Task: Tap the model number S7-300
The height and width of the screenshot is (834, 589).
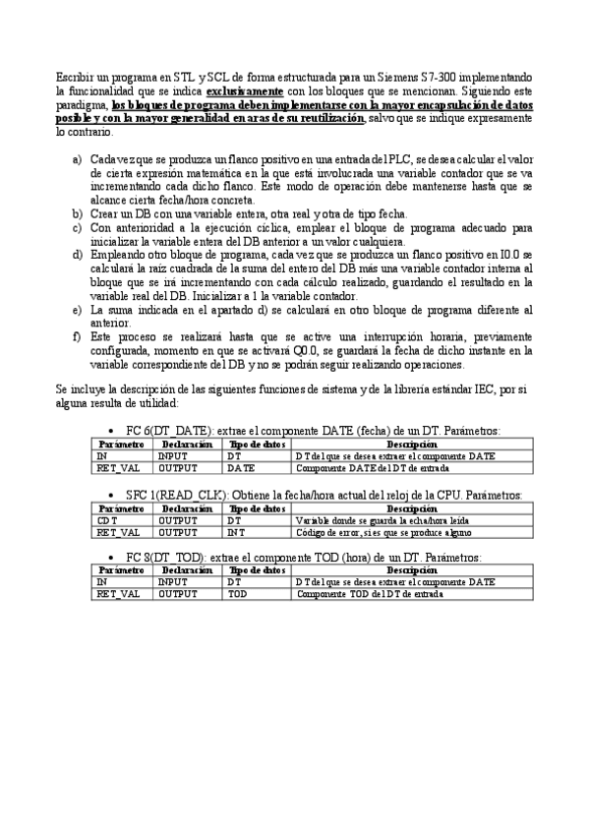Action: point(428,75)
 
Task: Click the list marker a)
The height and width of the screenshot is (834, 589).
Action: point(78,158)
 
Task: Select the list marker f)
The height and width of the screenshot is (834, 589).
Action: point(78,335)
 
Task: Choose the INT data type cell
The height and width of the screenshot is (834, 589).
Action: point(236,532)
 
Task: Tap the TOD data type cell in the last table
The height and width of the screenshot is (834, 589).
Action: point(237,595)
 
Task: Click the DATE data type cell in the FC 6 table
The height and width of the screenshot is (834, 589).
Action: point(241,469)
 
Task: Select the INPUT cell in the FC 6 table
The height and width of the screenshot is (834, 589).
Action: point(172,456)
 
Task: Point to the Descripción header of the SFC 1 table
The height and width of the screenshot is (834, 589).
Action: point(413,507)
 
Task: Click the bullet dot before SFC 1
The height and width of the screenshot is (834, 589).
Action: point(118,496)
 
